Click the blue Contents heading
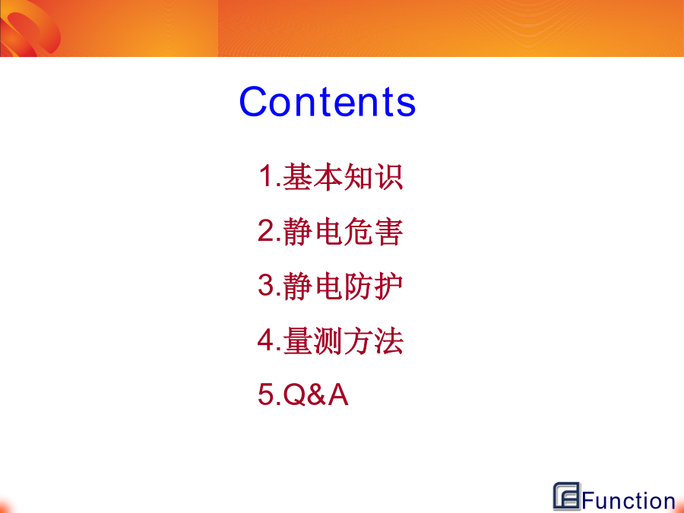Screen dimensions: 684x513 pos(327,101)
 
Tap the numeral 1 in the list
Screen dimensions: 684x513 pos(267,176)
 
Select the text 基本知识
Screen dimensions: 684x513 pos(343,176)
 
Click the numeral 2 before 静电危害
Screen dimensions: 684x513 pos(266,230)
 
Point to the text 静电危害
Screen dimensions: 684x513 pos(343,232)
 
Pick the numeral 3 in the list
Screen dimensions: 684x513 pos(266,285)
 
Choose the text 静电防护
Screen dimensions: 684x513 pos(343,287)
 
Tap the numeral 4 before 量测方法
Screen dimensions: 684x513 pos(266,340)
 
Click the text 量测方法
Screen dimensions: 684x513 pos(343,341)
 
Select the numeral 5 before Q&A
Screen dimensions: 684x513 pos(266,394)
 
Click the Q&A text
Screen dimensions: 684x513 pos(316,394)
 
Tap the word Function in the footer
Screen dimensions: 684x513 pos(629,500)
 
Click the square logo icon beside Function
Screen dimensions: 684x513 pos(567,496)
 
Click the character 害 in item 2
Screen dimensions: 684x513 pos(388,232)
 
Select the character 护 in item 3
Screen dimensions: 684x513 pos(388,287)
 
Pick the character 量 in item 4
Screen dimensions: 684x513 pos(297,341)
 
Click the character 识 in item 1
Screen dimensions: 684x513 pos(388,176)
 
